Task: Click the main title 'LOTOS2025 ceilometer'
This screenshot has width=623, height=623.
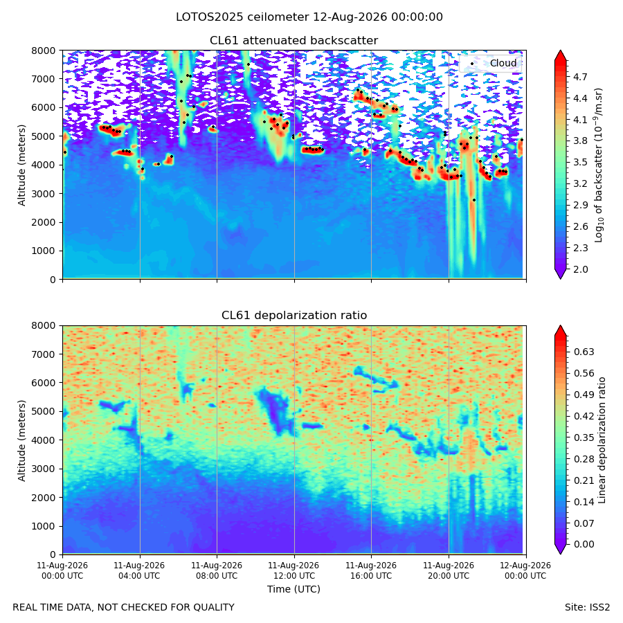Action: coord(242,17)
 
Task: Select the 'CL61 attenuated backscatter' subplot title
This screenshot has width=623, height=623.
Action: coord(294,41)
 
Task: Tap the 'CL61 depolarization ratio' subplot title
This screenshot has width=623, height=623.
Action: coord(294,316)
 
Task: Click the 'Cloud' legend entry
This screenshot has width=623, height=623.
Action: coord(503,63)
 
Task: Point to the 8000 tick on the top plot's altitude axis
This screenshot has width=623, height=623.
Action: coord(44,51)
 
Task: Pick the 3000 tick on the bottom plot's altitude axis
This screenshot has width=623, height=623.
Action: coord(44,469)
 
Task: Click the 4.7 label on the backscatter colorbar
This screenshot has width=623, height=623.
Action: coord(580,77)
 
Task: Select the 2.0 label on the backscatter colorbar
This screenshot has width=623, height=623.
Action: coord(580,269)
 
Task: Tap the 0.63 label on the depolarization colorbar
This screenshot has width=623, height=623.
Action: coord(584,352)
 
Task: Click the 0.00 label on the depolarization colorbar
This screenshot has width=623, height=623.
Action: coord(584,544)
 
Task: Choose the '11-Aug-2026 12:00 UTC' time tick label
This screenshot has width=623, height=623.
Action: coord(294,570)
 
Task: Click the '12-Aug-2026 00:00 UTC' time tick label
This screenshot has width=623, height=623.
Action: coord(525,570)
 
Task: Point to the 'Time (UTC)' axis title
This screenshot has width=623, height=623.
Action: coord(294,589)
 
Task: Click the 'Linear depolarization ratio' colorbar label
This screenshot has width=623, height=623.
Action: coord(602,440)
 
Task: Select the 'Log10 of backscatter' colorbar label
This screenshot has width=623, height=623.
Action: coord(599,165)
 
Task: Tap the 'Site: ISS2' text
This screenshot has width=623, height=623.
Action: coord(587,607)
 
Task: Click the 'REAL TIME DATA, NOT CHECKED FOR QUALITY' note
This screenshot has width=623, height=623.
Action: coord(124,607)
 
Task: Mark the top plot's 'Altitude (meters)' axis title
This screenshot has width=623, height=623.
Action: coord(21,165)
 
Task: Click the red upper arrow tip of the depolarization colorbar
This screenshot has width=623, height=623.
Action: coord(560,327)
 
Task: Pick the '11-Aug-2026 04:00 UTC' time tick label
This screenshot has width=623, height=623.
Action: coord(139,570)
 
